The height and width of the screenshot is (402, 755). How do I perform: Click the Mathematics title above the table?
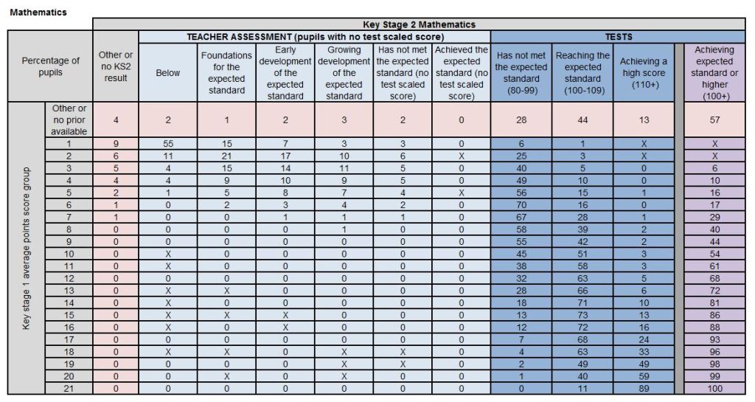(x=38, y=12)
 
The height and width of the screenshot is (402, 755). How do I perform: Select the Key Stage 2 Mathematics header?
(x=419, y=24)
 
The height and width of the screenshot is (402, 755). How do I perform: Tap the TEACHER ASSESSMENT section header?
(x=315, y=36)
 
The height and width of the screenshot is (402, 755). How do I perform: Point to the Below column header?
(x=168, y=73)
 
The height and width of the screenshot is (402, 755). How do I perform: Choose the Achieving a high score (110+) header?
(x=644, y=73)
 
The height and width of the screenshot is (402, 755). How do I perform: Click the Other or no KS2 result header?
(x=116, y=66)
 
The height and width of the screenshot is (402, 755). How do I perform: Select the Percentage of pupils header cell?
(x=51, y=66)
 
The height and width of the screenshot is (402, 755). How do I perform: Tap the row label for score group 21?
(x=69, y=388)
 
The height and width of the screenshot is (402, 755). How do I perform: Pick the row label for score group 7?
(x=69, y=218)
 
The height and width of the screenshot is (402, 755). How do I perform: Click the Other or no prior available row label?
(x=69, y=119)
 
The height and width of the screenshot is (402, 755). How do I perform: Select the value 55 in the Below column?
(x=168, y=145)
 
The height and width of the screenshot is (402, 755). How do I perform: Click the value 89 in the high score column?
(x=644, y=388)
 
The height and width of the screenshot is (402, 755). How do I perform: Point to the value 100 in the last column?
(x=714, y=388)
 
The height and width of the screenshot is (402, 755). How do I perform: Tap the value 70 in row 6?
(x=521, y=206)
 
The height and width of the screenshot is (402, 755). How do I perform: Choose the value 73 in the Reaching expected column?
(x=582, y=315)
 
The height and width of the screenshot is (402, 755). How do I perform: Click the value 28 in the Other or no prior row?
(x=521, y=119)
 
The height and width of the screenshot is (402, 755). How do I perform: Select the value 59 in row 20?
(x=644, y=376)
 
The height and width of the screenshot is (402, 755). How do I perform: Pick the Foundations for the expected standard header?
(x=226, y=73)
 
